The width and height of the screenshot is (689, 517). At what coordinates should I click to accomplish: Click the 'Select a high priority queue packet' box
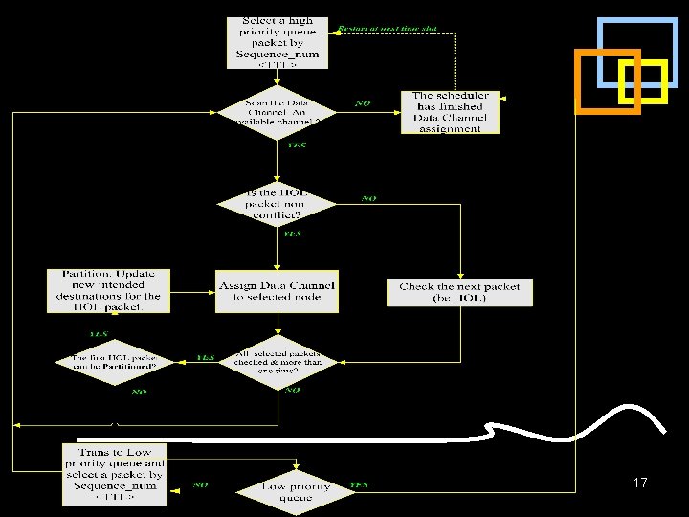(278, 42)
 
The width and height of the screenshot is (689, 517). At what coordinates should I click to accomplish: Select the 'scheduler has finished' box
(450, 112)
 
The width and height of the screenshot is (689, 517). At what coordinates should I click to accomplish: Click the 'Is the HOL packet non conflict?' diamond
(278, 202)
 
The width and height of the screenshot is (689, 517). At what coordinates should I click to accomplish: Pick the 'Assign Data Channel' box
(277, 291)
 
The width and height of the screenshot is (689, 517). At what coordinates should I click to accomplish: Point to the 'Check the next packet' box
(459, 292)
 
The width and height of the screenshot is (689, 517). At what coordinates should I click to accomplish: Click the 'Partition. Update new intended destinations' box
(109, 291)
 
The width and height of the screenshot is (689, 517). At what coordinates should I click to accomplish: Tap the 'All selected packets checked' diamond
(278, 359)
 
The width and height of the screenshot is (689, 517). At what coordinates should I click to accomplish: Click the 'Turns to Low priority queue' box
(115, 473)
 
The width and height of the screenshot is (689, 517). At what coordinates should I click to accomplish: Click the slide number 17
(640, 483)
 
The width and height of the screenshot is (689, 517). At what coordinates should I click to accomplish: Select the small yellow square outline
(642, 82)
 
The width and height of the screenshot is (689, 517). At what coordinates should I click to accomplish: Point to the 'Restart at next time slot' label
(388, 29)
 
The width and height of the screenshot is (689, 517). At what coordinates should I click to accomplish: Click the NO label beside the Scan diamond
(363, 102)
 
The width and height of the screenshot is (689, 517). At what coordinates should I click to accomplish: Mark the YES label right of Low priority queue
(360, 485)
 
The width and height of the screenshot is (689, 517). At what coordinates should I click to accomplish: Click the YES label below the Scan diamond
(297, 146)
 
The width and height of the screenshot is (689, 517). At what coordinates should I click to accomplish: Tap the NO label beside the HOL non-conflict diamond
(368, 198)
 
